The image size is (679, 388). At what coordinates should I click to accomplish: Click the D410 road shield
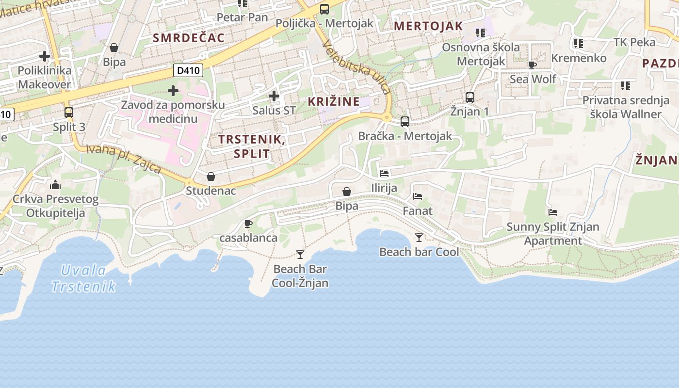[x=188, y=71]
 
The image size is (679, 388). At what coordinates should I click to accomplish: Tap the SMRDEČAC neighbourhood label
[x=189, y=38]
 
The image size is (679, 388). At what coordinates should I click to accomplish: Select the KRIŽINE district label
[x=334, y=101]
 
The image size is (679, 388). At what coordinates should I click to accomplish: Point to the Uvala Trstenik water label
[x=84, y=278]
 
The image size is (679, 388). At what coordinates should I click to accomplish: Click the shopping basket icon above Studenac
[x=211, y=177]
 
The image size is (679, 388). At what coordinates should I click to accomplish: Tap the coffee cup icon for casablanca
[x=248, y=224]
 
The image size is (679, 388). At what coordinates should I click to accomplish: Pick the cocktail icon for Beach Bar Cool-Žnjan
[x=300, y=255]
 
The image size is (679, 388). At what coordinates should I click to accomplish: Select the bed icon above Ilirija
[x=384, y=173]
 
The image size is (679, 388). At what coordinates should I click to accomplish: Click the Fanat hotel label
[x=418, y=211]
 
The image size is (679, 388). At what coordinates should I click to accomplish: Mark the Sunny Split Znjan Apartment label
[x=553, y=233]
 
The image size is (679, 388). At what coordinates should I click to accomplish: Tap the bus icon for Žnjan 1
[x=469, y=97]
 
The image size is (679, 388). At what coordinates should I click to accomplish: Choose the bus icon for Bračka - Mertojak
[x=405, y=122]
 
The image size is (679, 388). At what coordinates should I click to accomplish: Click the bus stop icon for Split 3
[x=69, y=113]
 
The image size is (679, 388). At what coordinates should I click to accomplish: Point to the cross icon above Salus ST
[x=274, y=96]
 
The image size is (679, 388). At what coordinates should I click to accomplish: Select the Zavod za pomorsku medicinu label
[x=173, y=112]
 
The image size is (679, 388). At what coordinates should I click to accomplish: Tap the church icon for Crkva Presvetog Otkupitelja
[x=55, y=185]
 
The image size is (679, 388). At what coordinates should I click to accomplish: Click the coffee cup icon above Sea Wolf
[x=532, y=65]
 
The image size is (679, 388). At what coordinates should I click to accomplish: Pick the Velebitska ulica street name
[x=356, y=67]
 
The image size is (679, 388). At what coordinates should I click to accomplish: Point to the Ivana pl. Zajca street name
[x=123, y=158]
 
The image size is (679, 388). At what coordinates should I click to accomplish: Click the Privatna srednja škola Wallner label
[x=626, y=107]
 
